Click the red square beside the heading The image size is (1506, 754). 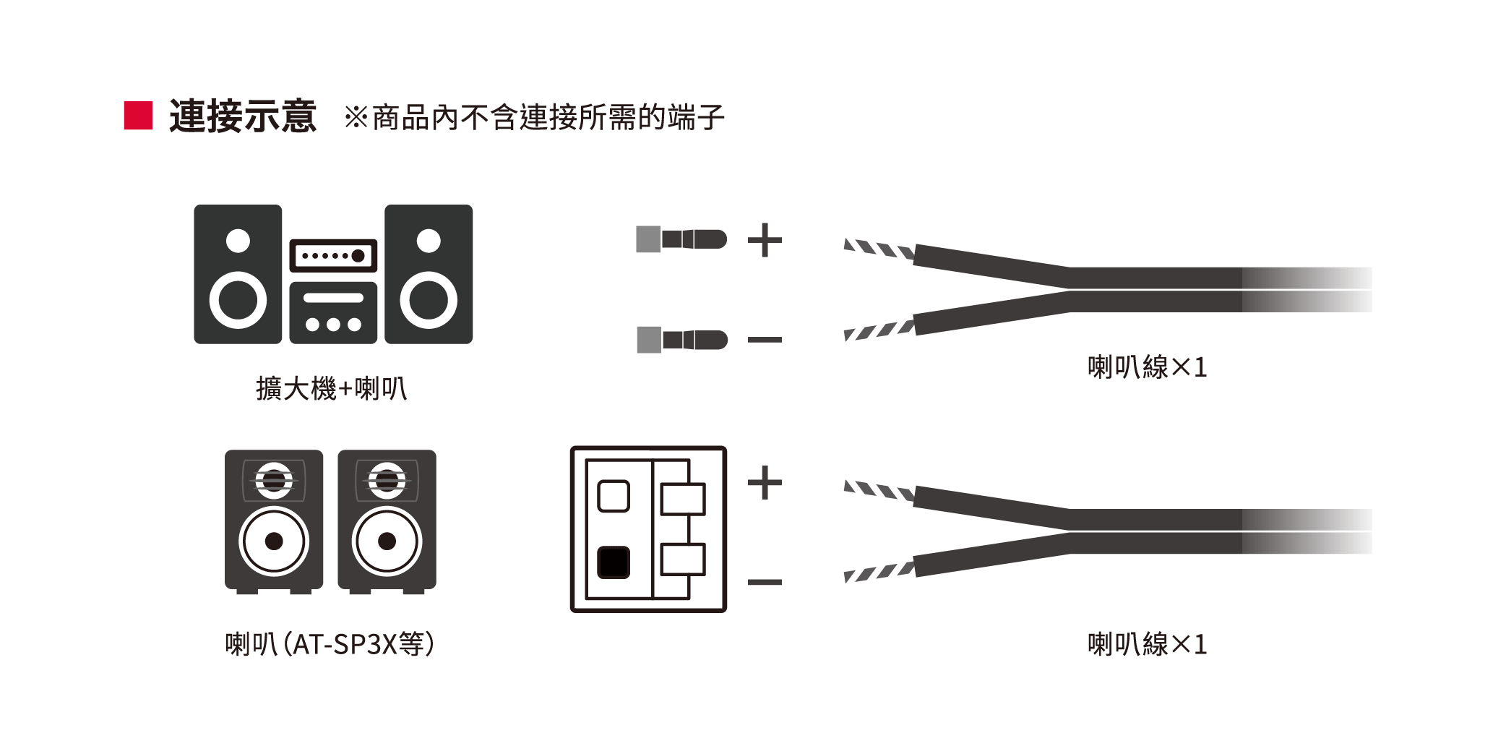click(x=138, y=116)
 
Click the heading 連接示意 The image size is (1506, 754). click(x=243, y=116)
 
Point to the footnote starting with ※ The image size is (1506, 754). click(x=533, y=117)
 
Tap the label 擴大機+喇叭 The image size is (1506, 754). click(x=332, y=389)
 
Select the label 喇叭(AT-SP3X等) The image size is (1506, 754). click(x=330, y=643)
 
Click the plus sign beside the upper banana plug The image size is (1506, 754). click(x=765, y=240)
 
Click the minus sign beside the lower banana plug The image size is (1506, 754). click(x=765, y=339)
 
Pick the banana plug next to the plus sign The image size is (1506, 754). click(x=681, y=239)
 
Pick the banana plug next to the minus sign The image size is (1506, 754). click(x=682, y=340)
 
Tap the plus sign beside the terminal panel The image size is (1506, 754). click(x=765, y=482)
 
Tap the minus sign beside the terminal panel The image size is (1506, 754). click(x=765, y=582)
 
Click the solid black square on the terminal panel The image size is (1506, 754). click(x=614, y=562)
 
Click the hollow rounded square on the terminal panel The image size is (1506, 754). click(x=614, y=496)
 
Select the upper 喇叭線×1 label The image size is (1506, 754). click(x=1147, y=367)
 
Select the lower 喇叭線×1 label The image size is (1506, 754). click(x=1147, y=644)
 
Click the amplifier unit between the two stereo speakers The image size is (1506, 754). click(x=333, y=291)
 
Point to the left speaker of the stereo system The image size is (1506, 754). click(x=238, y=274)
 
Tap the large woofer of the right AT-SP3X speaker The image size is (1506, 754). click(x=387, y=541)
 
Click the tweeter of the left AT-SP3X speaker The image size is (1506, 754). click(x=274, y=480)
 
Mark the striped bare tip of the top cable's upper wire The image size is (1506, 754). click(x=879, y=249)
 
